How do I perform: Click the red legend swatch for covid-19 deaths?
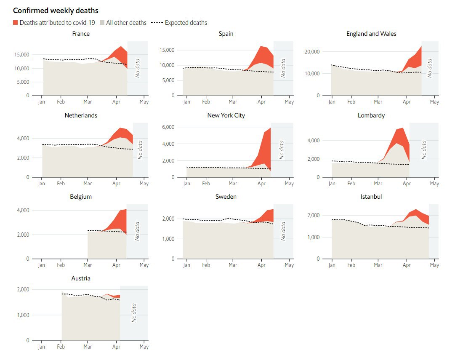[16, 23]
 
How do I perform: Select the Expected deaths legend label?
[186, 23]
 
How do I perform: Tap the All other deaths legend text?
[126, 23]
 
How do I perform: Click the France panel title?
[81, 34]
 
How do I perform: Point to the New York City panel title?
[226, 115]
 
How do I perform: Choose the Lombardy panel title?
[371, 115]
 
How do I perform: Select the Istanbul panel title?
[371, 197]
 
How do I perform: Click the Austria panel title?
[81, 278]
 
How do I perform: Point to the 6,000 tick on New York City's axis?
[168, 127]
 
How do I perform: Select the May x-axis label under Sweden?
[289, 265]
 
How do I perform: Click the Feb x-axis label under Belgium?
[61, 265]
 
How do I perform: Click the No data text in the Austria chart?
[134, 313]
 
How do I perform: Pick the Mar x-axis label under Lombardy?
[378, 184]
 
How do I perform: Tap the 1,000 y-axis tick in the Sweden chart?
[168, 239]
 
